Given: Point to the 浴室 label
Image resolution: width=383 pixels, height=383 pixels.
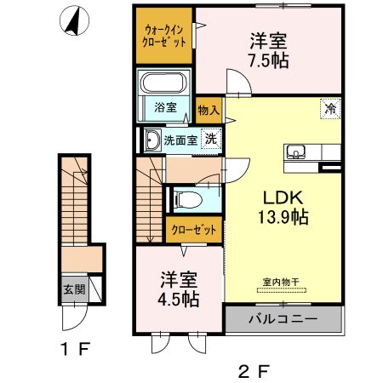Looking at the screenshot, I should pyautogui.click(x=165, y=108).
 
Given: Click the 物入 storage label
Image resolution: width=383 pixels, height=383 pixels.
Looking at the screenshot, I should pyautogui.click(x=209, y=110).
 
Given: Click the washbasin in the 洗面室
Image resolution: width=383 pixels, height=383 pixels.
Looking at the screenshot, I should pyautogui.click(x=152, y=140).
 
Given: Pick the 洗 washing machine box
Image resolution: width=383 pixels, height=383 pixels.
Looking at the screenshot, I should pyautogui.click(x=208, y=140).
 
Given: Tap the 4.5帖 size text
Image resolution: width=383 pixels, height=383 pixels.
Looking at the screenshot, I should pyautogui.click(x=179, y=299).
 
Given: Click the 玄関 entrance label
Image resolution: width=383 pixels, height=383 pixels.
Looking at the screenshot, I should pyautogui.click(x=71, y=289).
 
